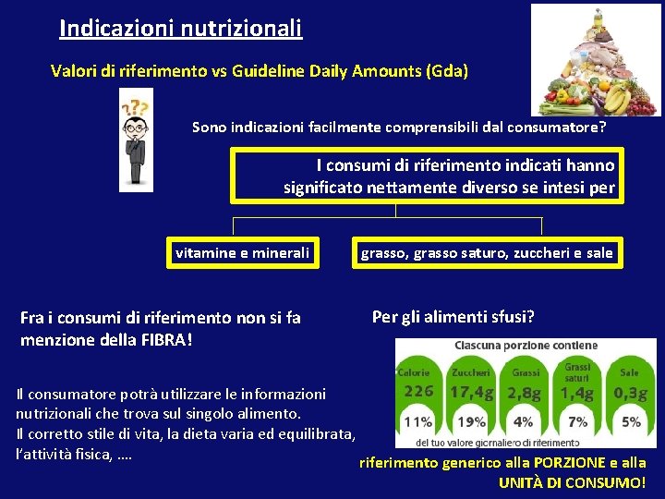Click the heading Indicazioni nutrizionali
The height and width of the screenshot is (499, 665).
click(x=180, y=29)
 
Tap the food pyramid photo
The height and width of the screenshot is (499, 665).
click(x=596, y=59)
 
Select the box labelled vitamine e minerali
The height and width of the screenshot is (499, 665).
click(x=243, y=252)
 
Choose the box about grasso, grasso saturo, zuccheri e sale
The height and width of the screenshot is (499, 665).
click(x=486, y=252)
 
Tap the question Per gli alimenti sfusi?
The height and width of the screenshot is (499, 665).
click(x=453, y=317)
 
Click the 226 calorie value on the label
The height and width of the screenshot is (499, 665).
click(x=418, y=391)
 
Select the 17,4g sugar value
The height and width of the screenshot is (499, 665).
click(x=471, y=392)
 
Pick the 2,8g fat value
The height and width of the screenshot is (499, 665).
click(x=524, y=393)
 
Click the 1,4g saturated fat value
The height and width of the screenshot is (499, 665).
click(x=576, y=393)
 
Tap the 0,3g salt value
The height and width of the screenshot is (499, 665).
click(x=631, y=393)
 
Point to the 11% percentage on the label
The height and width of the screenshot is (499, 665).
click(x=417, y=421)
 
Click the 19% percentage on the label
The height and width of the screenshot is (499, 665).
click(x=471, y=421)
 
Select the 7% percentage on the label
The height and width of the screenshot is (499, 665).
click(x=577, y=421)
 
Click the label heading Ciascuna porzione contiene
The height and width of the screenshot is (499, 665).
click(x=526, y=346)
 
